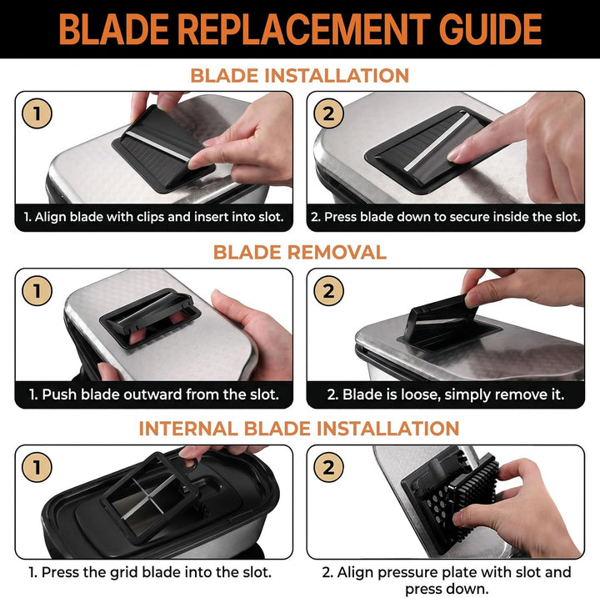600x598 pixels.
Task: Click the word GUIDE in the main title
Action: click(490, 29)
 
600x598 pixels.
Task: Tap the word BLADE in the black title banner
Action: click(113, 29)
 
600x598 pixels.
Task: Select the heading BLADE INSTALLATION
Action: click(300, 75)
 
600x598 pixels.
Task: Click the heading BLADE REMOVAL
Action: click(300, 253)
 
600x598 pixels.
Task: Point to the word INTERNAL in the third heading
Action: click(187, 429)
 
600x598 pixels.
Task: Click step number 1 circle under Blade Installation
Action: click(37, 113)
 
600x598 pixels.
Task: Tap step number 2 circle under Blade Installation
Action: click(328, 113)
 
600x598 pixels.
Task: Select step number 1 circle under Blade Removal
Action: click(37, 290)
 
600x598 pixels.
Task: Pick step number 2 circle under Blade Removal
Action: click(328, 290)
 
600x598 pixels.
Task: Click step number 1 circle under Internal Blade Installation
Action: click(37, 467)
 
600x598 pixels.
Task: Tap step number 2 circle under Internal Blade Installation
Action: click(328, 467)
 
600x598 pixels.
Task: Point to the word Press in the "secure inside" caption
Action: click(341, 217)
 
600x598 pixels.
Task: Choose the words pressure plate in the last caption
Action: click(422, 572)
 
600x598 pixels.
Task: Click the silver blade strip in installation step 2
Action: click(437, 142)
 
